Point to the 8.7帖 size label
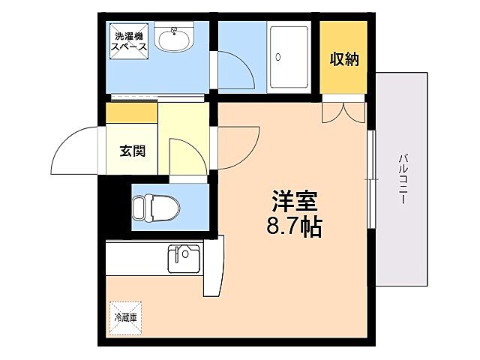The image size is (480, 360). [x=294, y=226]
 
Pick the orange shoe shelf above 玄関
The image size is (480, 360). [x=132, y=113]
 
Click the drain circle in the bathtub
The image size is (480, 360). [x=277, y=57]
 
